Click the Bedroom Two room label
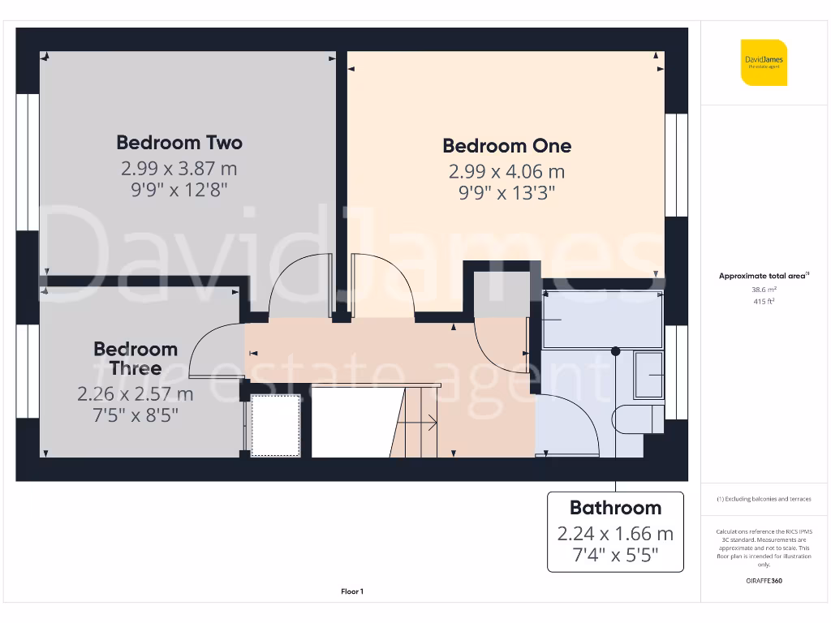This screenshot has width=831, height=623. coord(179,143)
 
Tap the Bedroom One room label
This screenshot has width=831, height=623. coord(506,146)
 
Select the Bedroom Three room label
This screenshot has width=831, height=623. coord(136,359)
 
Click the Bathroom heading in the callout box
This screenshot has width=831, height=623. coord(615,508)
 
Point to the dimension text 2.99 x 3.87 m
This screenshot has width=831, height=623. coord(179,169)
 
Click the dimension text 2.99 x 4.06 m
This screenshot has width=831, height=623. coord(506,172)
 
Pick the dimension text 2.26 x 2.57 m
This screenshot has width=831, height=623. coord(136,394)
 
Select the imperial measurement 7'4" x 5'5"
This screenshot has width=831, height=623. coord(615,556)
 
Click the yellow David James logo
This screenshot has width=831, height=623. coord(764,62)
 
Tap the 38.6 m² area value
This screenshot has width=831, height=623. coord(764,289)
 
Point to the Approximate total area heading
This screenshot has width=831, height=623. coord(764,276)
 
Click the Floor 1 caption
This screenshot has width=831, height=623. coord(352,592)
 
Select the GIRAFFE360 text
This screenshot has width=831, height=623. coord(764,581)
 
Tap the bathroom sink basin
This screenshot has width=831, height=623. coord(649,374)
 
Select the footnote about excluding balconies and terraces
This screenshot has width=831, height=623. coord(764,499)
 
